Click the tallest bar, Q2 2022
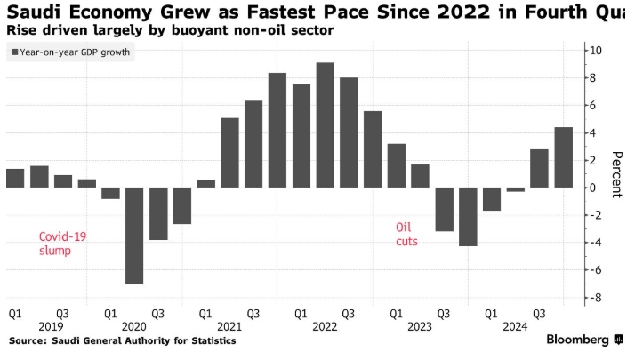326,124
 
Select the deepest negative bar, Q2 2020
134,236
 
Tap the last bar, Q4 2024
564,157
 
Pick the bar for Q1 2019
15,178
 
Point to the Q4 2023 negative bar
469,216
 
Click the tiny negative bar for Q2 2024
516,189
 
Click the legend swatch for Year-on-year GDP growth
15,53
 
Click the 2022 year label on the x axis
325,326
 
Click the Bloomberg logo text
577,340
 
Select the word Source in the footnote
28,340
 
